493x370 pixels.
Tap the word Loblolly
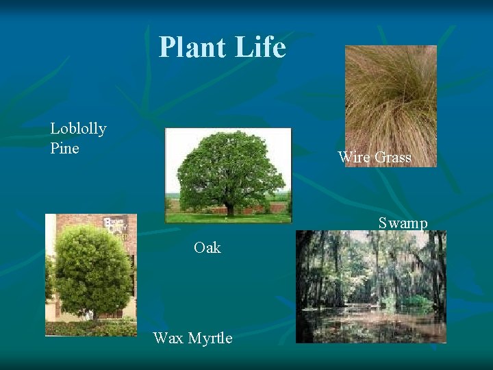click(x=78, y=128)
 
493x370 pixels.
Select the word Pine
click(x=64, y=148)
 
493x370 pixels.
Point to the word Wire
click(x=354, y=158)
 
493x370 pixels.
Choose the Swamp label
click(x=403, y=223)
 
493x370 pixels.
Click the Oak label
click(x=207, y=248)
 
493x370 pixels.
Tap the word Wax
click(x=168, y=338)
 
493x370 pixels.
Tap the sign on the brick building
click(x=115, y=226)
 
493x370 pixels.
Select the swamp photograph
click(x=370, y=286)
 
